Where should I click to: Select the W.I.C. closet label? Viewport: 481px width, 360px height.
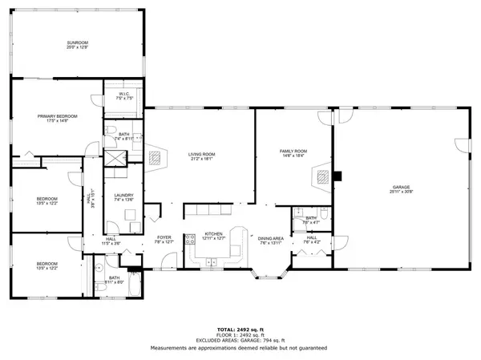tap(124, 95)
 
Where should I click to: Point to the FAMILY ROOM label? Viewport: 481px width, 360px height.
tap(293, 151)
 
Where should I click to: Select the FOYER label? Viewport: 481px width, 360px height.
tap(164, 237)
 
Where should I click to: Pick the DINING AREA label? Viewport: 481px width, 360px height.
tap(271, 238)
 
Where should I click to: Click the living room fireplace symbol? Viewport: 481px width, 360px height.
tap(154, 157)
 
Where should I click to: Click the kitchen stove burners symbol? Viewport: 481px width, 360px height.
tap(190, 238)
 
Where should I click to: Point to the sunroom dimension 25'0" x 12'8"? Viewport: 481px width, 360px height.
tap(77, 47)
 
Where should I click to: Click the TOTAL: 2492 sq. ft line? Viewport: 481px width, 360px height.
tap(240, 330)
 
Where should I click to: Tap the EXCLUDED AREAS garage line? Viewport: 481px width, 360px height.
tap(240, 342)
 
